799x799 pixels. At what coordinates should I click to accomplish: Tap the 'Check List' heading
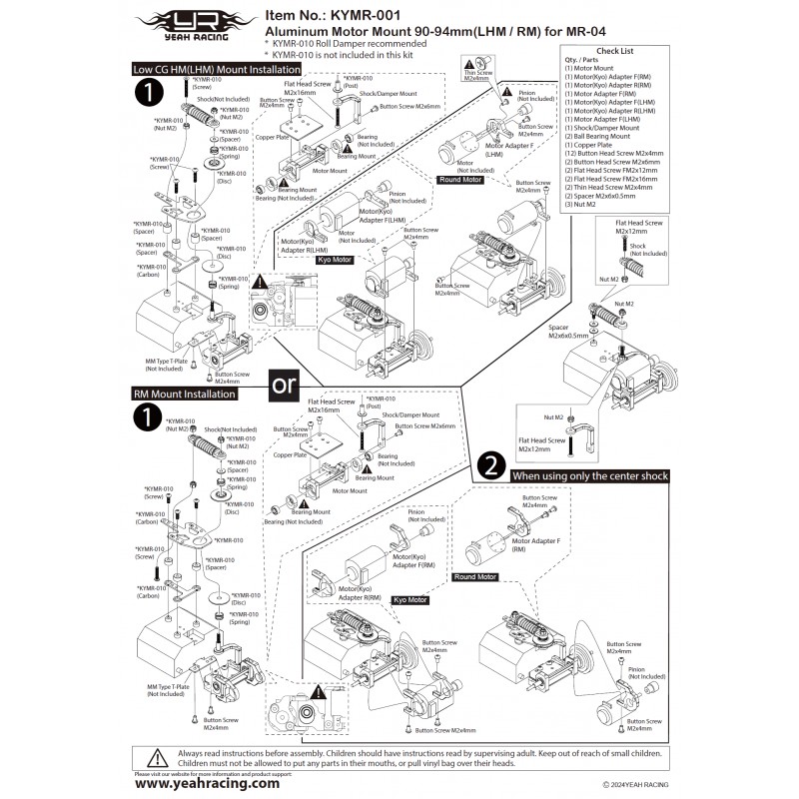(x=613, y=50)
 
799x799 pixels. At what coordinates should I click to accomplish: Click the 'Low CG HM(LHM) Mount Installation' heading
(x=218, y=70)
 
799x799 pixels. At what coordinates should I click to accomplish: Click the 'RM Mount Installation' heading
(x=185, y=395)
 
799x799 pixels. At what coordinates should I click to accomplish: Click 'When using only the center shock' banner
(x=589, y=476)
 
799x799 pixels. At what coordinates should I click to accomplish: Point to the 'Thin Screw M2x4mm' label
(x=476, y=75)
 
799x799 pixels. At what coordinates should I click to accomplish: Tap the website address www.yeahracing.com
(x=206, y=783)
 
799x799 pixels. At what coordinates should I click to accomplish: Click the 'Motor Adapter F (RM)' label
(x=538, y=543)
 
